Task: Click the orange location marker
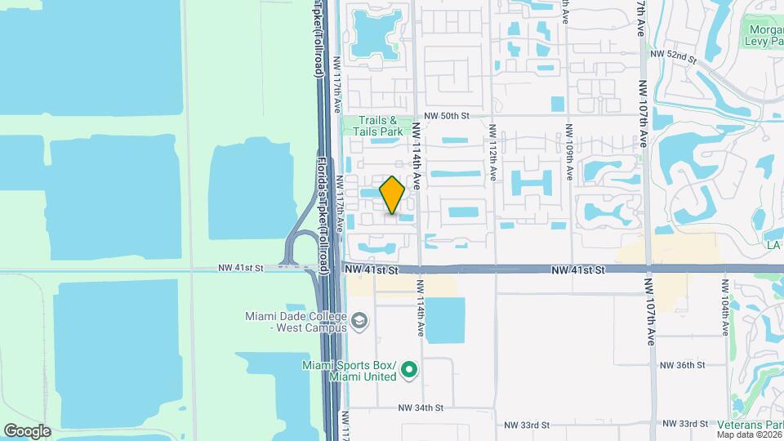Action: point(393,195)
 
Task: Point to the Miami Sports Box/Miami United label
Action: point(349,370)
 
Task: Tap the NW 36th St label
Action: point(683,365)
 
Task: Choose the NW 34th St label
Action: point(421,407)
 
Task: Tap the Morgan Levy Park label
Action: point(764,36)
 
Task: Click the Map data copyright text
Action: point(749,434)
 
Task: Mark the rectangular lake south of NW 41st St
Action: point(445,320)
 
